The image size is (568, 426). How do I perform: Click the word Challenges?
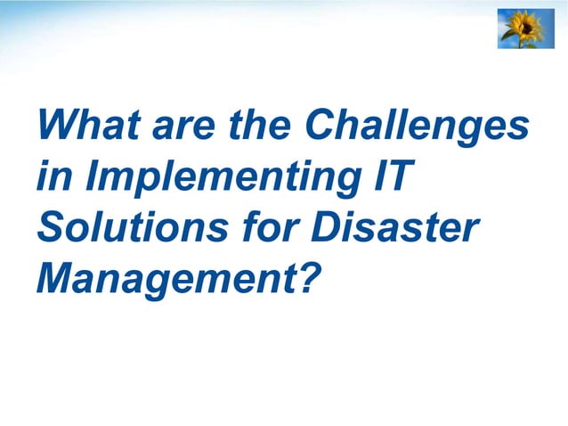click(417, 127)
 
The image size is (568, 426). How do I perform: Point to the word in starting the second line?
click(51, 176)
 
